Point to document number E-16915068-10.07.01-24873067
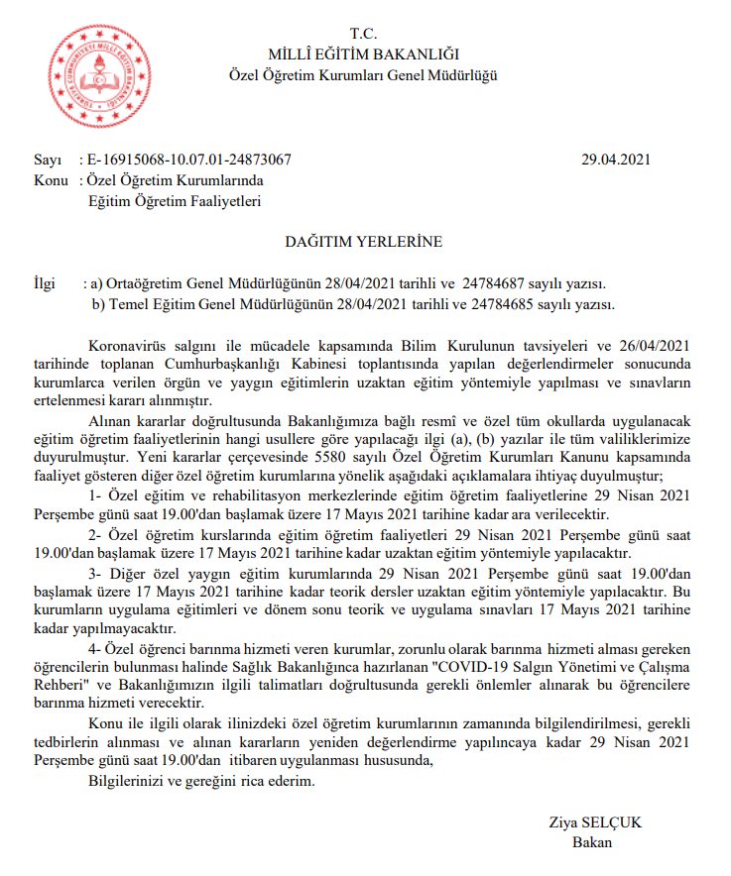coord(189,160)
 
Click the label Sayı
coord(48,160)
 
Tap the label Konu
coord(52,181)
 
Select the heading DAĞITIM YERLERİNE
coord(365,241)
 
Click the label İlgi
coord(46,283)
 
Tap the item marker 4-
coord(96,647)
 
